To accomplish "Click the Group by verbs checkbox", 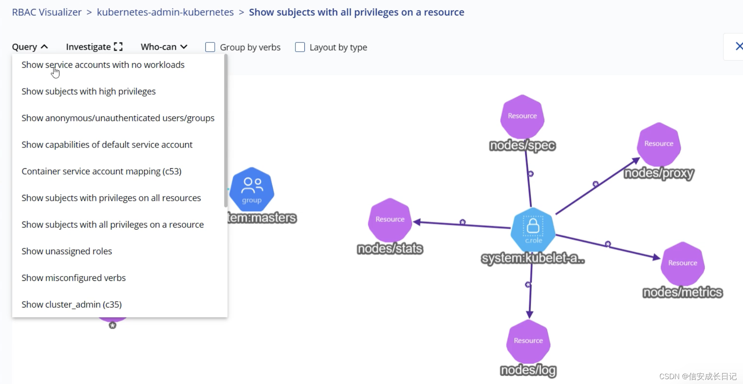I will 210,47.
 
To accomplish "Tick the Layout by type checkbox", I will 300,47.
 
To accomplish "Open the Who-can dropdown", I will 164,47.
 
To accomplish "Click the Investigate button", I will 94,47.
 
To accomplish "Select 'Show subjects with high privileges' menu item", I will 89,91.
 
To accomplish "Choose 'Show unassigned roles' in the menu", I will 67,251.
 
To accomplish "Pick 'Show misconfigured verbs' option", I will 74,278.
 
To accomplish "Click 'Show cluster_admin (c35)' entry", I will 72,304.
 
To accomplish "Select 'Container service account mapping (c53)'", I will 101,171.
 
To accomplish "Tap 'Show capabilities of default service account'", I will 107,145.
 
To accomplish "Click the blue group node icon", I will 252,189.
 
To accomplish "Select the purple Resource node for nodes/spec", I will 522,116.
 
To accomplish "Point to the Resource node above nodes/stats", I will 390,219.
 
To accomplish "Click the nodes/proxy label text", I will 659,173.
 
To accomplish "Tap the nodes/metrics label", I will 682,292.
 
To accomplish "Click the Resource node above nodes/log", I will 528,341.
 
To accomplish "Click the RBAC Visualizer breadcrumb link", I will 47,12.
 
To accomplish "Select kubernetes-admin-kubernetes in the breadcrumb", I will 165,12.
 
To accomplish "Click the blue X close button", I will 738,46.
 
